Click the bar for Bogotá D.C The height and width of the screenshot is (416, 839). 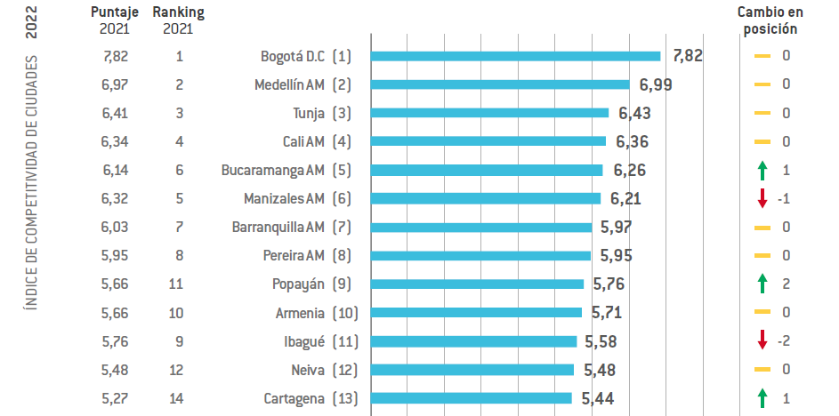515,56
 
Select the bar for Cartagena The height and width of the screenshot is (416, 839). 471,398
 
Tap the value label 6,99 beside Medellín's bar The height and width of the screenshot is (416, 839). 656,84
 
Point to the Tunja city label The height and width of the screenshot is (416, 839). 308,113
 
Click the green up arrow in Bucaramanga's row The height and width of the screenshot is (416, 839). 762,170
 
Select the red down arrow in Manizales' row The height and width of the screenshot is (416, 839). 762,198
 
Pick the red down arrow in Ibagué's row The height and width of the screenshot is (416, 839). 762,340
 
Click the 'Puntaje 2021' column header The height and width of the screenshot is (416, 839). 116,20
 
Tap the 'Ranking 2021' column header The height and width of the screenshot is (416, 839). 179,20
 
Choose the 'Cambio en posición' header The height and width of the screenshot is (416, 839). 770,20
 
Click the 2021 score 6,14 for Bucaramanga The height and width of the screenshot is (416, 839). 116,170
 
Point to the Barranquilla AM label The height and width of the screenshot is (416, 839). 278,227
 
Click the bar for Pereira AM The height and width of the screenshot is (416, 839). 480,255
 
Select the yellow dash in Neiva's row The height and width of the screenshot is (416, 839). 762,370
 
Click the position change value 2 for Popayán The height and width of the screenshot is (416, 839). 786,284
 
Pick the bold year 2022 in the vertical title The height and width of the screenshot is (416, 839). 31,21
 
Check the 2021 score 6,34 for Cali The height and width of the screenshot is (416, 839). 116,141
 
